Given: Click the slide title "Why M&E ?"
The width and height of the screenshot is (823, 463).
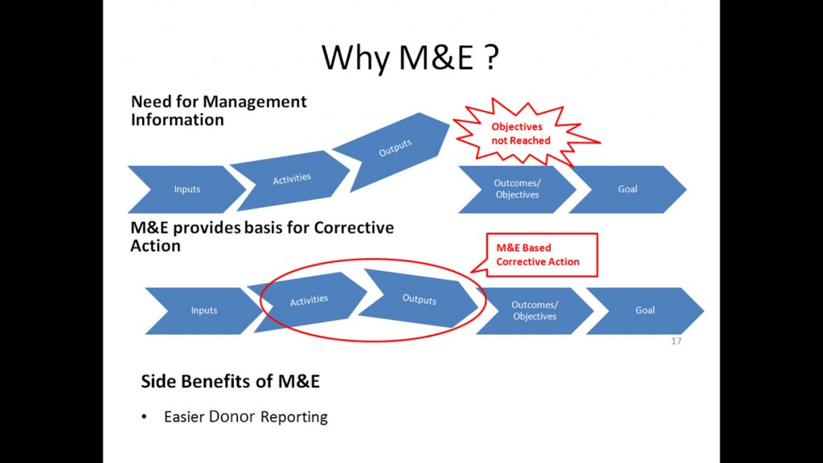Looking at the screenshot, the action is point(410,57).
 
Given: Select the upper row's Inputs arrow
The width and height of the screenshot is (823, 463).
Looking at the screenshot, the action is point(186,189).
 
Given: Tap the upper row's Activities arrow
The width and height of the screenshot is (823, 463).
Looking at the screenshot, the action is point(290,180).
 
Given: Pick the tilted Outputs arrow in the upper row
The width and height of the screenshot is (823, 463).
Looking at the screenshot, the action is point(392,150).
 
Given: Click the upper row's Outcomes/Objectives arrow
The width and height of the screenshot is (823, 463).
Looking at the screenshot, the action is point(518,189).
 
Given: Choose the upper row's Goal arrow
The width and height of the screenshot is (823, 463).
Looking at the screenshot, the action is point(628,189).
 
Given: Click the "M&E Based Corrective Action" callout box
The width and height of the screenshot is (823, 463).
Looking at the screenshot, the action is point(541,255).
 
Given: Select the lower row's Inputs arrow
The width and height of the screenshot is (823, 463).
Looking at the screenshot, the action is point(203,310).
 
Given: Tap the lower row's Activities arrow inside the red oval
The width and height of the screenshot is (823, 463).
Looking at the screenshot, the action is point(308,301).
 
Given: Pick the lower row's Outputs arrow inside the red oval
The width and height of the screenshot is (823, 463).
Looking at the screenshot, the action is point(418,299).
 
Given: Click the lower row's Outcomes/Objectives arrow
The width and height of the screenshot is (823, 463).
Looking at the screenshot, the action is point(534,310).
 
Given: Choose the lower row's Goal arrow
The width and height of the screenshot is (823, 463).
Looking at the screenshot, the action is point(645,310).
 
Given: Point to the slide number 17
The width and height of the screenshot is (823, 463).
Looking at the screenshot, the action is point(676,341).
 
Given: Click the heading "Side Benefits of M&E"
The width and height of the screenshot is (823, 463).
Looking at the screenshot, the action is point(230,381).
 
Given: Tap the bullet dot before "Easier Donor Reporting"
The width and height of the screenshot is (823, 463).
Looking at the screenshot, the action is point(145,417).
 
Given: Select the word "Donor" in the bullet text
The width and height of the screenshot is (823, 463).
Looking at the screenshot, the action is point(231,416).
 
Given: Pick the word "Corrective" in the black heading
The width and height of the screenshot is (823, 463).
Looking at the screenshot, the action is point(354,227).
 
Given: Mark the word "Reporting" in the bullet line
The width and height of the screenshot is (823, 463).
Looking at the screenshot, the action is point(294,417).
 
